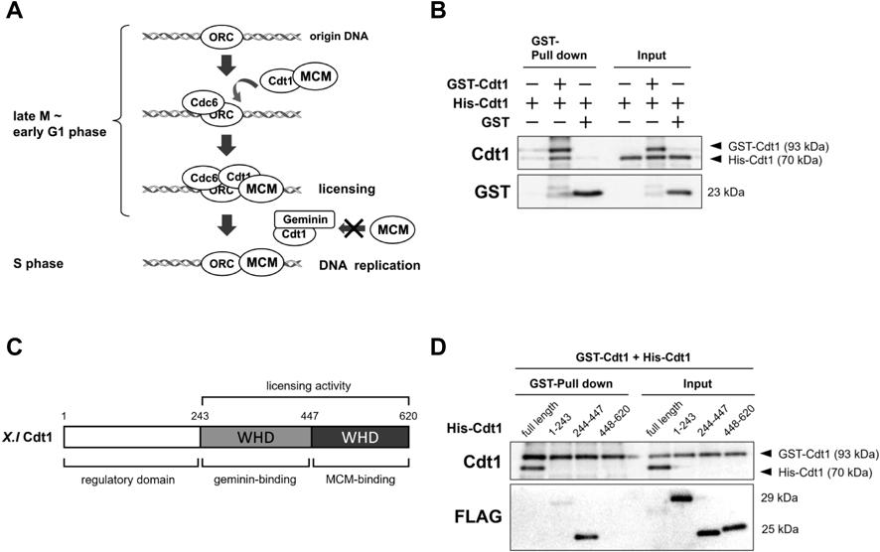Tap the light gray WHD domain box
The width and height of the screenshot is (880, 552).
(x=255, y=436)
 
